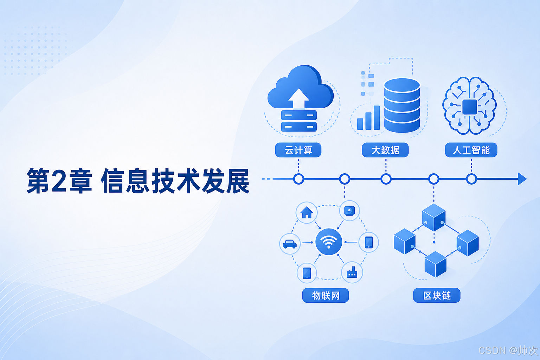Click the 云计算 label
pyautogui.click(x=298, y=150)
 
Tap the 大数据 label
pyautogui.click(x=385, y=150)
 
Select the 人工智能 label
pyautogui.click(x=471, y=150)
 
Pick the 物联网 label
pyautogui.click(x=326, y=295)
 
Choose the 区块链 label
pyautogui.click(x=437, y=295)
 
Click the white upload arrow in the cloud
pyautogui.click(x=299, y=98)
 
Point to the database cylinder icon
pyautogui.click(x=402, y=105)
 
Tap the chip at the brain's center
pyautogui.click(x=470, y=107)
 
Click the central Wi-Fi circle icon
pyautogui.click(x=329, y=242)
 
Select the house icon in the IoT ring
pyautogui.click(x=307, y=212)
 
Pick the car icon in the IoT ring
pyautogui.click(x=290, y=244)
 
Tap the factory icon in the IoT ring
pyautogui.click(x=352, y=272)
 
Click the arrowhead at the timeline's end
pyautogui.click(x=522, y=179)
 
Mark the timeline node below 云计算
pyautogui.click(x=299, y=179)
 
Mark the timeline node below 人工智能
pyautogui.click(x=471, y=179)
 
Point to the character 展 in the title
pyautogui.click(x=237, y=181)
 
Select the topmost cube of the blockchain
pyautogui.click(x=434, y=217)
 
